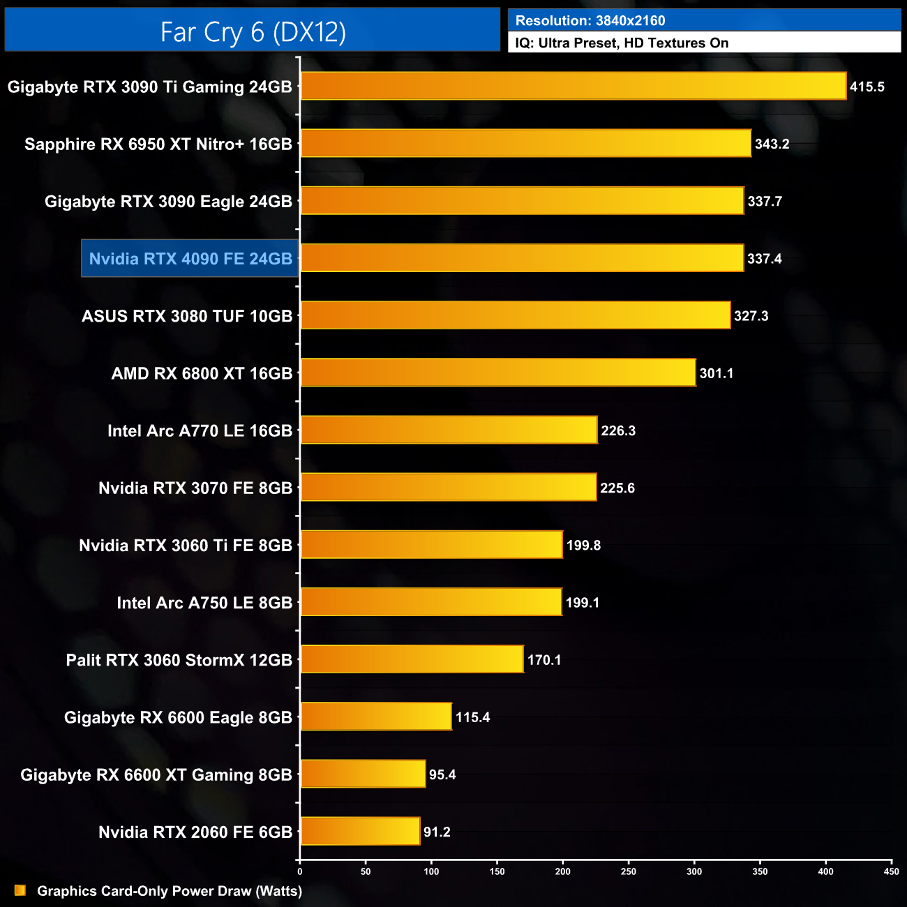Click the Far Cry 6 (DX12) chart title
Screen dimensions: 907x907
pos(253,31)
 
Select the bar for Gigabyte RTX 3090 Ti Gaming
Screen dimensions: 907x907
pos(573,87)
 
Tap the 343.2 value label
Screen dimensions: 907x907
pos(772,144)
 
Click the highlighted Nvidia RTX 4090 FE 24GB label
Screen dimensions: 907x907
pos(190,259)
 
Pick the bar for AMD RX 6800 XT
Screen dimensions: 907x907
pos(498,373)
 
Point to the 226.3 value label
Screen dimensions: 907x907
pos(618,431)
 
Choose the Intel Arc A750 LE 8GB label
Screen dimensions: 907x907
pos(204,603)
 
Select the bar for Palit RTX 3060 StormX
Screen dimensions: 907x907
pos(412,659)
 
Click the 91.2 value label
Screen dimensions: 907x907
pos(437,832)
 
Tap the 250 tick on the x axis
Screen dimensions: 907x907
pos(629,871)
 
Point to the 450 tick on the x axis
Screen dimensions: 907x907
pos(891,871)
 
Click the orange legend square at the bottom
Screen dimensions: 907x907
pos(20,890)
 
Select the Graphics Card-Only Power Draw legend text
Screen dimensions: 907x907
pos(170,891)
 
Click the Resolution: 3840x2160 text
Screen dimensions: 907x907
pos(590,21)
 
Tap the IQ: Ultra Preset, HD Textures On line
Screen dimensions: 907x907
pos(622,43)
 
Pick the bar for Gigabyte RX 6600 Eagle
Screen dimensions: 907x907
pos(376,717)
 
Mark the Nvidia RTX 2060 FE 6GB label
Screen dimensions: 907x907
pos(195,832)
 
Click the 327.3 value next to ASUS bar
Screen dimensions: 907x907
pos(751,316)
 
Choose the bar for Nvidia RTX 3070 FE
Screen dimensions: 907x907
pos(449,488)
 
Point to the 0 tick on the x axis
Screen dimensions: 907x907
pos(300,871)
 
